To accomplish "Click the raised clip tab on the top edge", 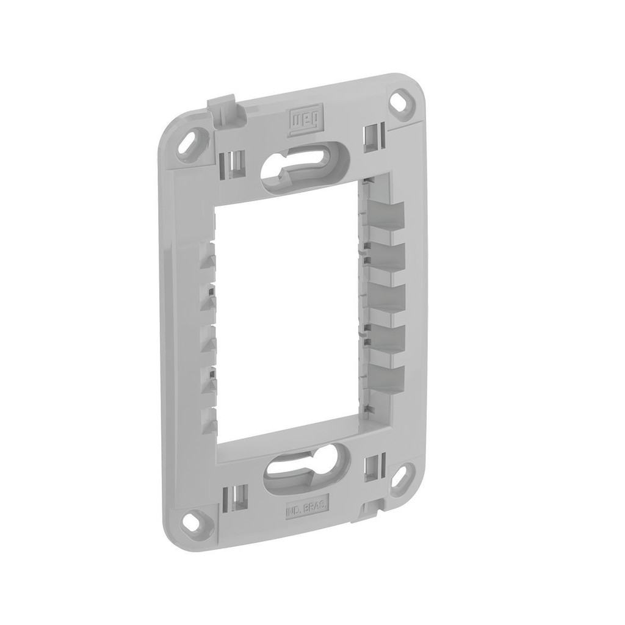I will click(224, 108).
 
